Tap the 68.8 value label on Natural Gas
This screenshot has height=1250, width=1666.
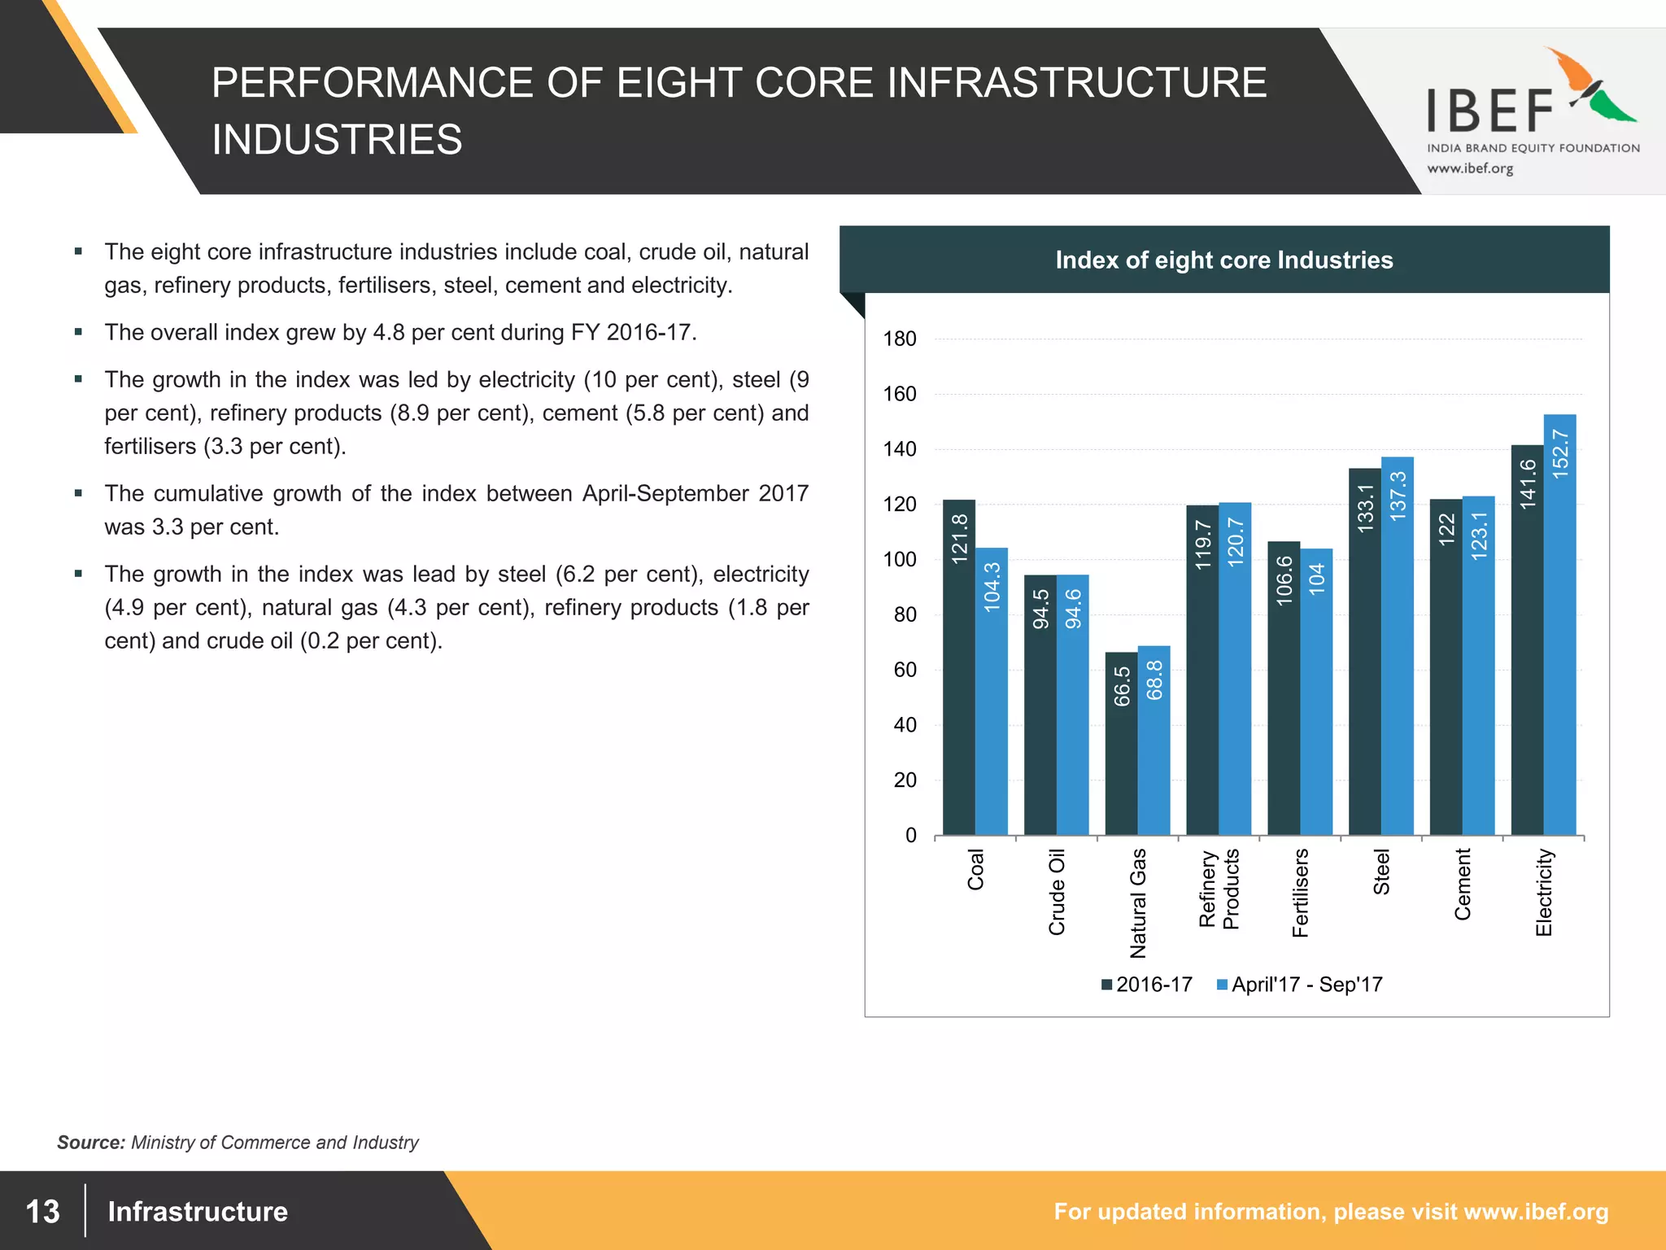1154,680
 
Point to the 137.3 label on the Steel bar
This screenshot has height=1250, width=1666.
1398,496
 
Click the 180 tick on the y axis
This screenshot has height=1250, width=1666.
900,339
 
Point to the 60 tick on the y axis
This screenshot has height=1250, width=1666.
905,671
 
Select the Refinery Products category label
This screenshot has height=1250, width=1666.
1219,889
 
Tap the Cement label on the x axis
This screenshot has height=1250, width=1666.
1463,884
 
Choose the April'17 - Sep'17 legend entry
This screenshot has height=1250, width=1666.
1299,985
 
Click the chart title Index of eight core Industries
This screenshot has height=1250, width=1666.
1223,260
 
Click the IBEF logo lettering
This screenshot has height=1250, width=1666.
1490,111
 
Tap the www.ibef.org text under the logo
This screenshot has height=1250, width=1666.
1470,168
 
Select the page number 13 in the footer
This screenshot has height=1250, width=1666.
42,1211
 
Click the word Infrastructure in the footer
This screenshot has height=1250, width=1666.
198,1211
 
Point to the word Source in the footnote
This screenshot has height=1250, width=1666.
90,1143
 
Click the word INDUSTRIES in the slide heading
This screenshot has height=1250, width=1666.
337,139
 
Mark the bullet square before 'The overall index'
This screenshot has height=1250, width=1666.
78,332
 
